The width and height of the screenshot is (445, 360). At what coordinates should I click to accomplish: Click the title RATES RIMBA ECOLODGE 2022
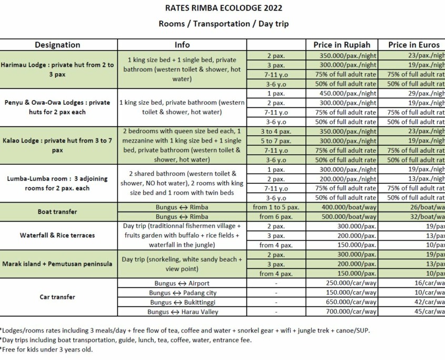tap(223, 8)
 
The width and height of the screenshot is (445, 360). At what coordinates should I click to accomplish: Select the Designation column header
tap(57, 45)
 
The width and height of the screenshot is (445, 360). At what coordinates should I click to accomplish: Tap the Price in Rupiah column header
tap(342, 45)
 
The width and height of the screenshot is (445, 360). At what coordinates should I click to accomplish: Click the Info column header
tap(182, 45)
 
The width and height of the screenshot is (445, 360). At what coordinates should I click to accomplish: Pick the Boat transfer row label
tap(57, 212)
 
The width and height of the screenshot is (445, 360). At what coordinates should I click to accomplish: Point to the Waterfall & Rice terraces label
tap(57, 235)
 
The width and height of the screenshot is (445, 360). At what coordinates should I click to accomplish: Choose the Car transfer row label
tap(57, 297)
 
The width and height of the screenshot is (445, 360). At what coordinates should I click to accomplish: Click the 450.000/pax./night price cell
tap(348, 93)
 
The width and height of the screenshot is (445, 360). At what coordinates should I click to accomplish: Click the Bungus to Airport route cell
tap(182, 283)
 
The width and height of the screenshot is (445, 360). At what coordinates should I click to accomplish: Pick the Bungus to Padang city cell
tap(182, 293)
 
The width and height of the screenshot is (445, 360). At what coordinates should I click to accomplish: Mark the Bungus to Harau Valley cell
tap(182, 312)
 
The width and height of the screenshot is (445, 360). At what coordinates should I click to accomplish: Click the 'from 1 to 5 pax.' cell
tap(276, 207)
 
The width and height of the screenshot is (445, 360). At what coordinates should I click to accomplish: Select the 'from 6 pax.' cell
tap(276, 216)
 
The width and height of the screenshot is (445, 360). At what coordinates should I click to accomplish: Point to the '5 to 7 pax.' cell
tap(276, 141)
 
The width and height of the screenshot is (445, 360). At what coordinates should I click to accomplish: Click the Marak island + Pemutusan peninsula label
tap(57, 264)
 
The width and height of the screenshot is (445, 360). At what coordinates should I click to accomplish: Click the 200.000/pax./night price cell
tap(348, 179)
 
